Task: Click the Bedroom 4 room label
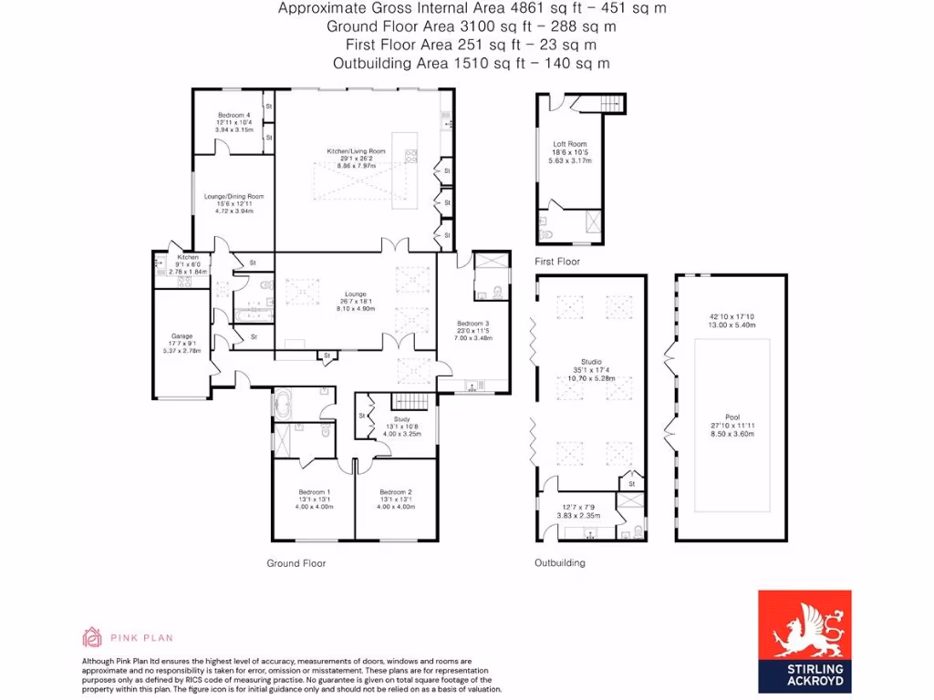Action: coord(233,116)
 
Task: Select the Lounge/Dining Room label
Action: coord(233,196)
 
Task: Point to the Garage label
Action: coord(182,335)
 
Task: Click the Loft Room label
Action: coord(570,144)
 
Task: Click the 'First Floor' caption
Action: coord(557,262)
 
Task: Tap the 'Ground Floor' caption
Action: coord(296,563)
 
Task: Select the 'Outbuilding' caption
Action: coord(559,563)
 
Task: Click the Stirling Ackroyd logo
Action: coord(804,641)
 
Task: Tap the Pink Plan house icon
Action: coord(92,636)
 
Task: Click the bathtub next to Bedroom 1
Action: coord(283,402)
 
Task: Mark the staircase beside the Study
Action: coord(409,402)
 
